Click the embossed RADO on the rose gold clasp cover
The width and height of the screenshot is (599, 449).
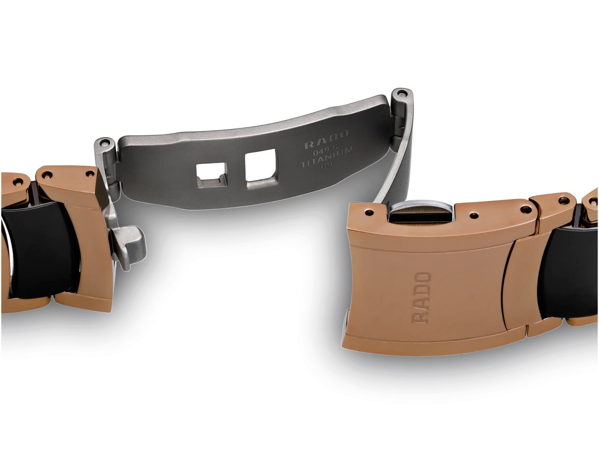(x=422, y=298)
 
